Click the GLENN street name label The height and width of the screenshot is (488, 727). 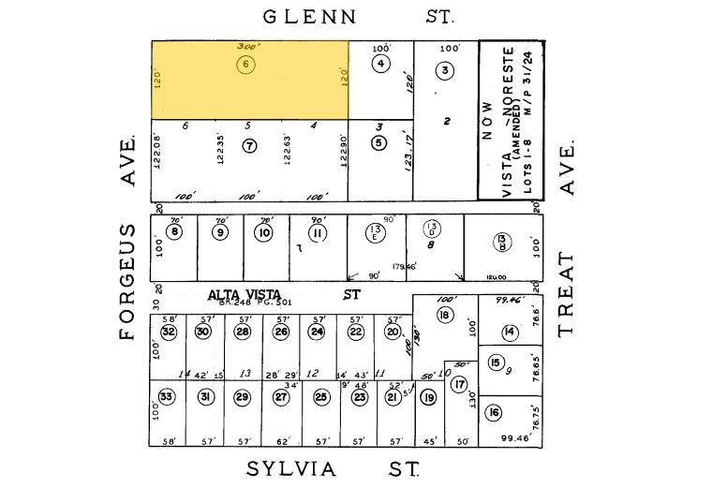click(310, 16)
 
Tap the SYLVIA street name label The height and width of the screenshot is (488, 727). click(290, 468)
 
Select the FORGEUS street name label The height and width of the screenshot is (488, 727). click(129, 281)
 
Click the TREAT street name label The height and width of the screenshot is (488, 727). click(566, 294)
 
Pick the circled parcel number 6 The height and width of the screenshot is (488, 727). click(245, 65)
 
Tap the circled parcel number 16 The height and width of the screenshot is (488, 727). click(495, 413)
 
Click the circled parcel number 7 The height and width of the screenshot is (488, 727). click(249, 145)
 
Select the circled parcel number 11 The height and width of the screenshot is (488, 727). click(318, 232)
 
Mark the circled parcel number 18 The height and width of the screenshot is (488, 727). click(445, 315)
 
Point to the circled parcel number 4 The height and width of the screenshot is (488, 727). click(379, 64)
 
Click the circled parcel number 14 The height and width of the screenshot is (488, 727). click(510, 332)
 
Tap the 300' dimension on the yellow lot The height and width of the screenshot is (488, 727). click(248, 46)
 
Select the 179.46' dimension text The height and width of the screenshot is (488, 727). click(404, 266)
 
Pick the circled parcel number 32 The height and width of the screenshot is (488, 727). click(169, 332)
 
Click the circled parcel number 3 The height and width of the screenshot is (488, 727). click(446, 70)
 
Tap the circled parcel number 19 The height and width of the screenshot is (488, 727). click(429, 397)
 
